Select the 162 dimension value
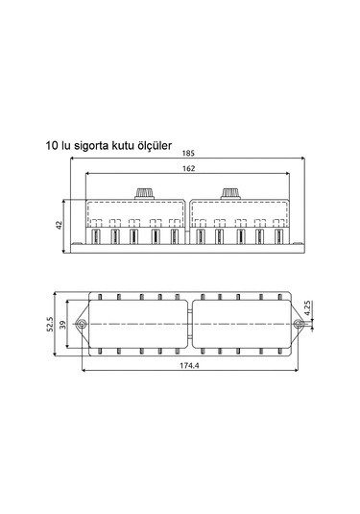tap(187, 169)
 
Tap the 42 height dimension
tap(60, 224)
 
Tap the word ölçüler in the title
tap(152, 146)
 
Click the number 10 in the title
tap(50, 146)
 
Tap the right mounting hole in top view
tap(299, 326)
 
